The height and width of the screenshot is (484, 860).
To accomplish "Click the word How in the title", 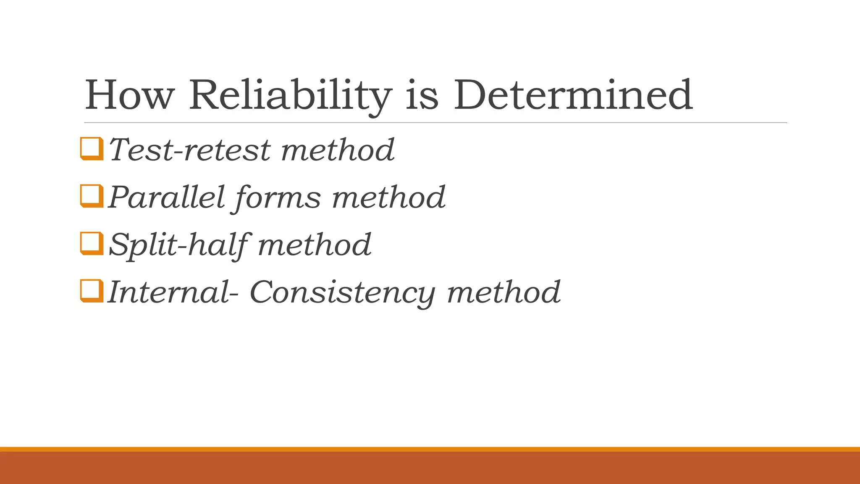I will [x=129, y=95].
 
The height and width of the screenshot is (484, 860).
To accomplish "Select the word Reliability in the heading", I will [x=290, y=95].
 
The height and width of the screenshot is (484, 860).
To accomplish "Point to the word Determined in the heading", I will [x=573, y=95].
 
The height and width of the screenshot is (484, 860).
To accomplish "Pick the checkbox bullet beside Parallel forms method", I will [x=91, y=196].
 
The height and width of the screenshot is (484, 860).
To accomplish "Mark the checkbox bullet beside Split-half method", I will [x=91, y=243].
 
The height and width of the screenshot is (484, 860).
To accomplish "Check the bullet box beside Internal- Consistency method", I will [x=91, y=291].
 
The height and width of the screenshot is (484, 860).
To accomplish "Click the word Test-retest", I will [x=190, y=150].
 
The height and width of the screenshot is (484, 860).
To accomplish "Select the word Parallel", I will [x=166, y=197].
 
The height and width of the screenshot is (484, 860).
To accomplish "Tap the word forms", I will [x=278, y=197].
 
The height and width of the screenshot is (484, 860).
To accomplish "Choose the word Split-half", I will [x=178, y=245].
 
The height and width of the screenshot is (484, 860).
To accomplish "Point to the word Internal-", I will [x=173, y=292].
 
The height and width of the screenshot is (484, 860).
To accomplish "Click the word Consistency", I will [x=342, y=292].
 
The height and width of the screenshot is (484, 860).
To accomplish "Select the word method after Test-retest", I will [x=338, y=150].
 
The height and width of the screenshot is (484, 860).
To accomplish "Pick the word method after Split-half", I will [x=315, y=245].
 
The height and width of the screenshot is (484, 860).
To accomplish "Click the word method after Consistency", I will [x=503, y=292].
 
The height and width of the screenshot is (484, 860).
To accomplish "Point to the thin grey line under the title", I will [x=435, y=123].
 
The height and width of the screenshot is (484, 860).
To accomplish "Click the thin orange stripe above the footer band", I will [x=430, y=449].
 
